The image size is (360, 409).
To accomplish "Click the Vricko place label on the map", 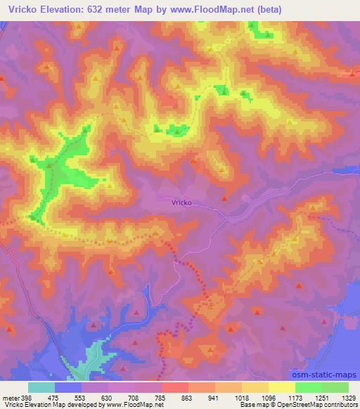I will pyautogui.click(x=181, y=202).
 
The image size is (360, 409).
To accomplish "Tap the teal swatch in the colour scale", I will pyautogui.click(x=41, y=387).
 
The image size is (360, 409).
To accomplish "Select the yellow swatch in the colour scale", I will pyautogui.click(x=282, y=387).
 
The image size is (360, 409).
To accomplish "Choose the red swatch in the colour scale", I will pyautogui.click(x=175, y=387).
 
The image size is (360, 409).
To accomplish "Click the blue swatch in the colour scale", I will pyautogui.click(x=68, y=387).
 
